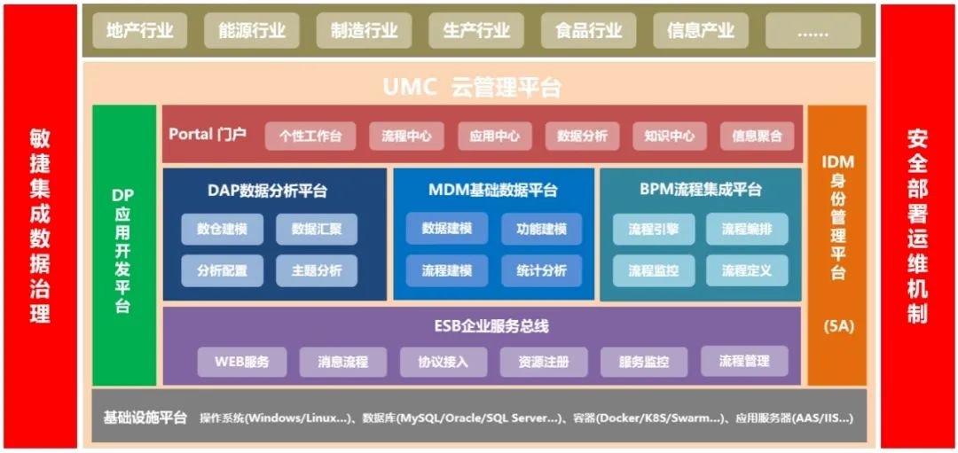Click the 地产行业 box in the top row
point(139,31)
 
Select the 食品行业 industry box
point(588,31)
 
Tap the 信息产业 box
point(700,31)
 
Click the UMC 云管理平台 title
point(472,87)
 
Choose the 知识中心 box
point(670,136)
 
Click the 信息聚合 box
point(757,136)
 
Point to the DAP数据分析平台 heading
point(267,190)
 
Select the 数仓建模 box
point(222,229)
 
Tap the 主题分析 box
point(317,270)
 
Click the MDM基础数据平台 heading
point(493,190)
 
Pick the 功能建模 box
point(541,229)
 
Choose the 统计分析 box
point(541,270)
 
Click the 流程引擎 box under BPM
point(654,229)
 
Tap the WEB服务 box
point(240,361)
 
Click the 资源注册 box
point(543,361)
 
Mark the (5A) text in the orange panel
point(837,325)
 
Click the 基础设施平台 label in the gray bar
point(145,418)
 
